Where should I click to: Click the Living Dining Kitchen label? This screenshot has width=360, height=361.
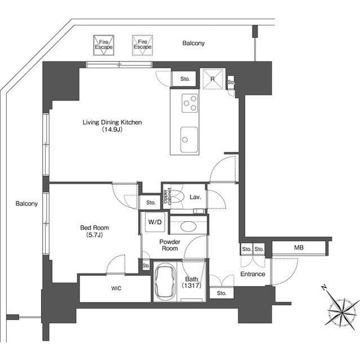112,122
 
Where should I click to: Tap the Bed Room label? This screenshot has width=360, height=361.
94,228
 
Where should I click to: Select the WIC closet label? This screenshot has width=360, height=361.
115,288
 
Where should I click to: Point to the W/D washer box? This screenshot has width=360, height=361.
155,222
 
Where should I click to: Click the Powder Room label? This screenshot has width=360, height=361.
170,245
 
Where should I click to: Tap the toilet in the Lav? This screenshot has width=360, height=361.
176,197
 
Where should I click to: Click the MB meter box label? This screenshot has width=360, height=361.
299,248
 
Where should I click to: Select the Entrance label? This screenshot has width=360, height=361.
252,274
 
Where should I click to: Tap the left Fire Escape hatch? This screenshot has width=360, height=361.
104,45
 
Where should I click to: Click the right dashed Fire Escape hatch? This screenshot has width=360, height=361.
142,45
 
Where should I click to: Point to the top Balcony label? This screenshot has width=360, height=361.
193,43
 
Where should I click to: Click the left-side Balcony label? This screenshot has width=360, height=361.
26,203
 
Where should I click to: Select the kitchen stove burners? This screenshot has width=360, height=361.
189,102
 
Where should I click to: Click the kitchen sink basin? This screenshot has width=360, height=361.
189,137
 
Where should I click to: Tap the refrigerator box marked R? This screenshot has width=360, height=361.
212,78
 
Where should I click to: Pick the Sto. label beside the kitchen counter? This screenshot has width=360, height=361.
185,80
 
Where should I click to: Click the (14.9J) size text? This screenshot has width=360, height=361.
112,130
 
